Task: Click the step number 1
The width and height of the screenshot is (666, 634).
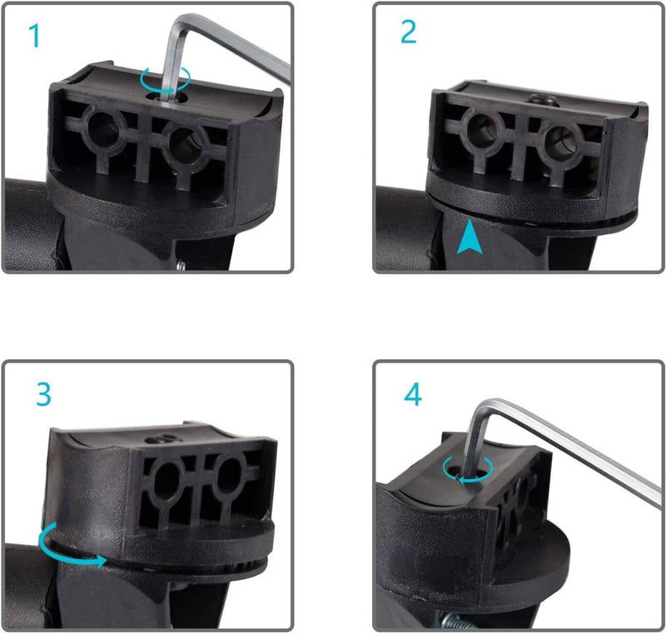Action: click(x=35, y=36)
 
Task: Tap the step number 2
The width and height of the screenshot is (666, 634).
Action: click(x=409, y=32)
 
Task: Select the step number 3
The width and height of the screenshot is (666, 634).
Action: click(x=44, y=395)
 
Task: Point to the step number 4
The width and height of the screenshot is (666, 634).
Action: click(x=413, y=394)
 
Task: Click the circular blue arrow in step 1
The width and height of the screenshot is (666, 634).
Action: click(x=165, y=79)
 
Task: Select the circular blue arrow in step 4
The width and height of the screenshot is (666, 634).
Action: click(x=468, y=470)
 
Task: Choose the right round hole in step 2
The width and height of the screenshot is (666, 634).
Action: click(x=559, y=141)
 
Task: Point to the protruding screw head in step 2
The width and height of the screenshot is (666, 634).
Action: click(x=543, y=101)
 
